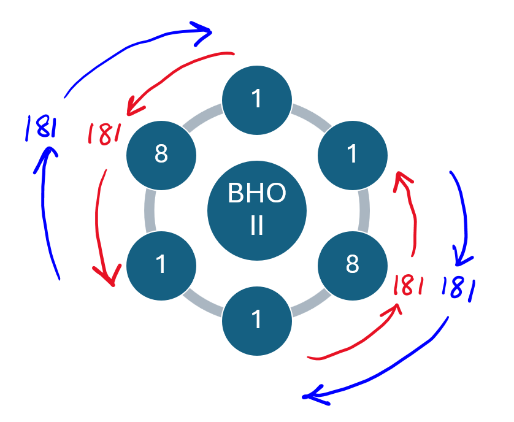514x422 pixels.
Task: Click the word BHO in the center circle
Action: point(256,194)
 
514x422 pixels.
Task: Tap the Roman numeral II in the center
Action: point(256,225)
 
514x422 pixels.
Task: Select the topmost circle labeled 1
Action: point(256,99)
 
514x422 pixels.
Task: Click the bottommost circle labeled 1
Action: point(256,319)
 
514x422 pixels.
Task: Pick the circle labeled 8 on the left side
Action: point(161,154)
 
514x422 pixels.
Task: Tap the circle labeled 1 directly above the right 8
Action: point(352,154)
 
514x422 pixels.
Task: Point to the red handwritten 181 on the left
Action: point(104,133)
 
